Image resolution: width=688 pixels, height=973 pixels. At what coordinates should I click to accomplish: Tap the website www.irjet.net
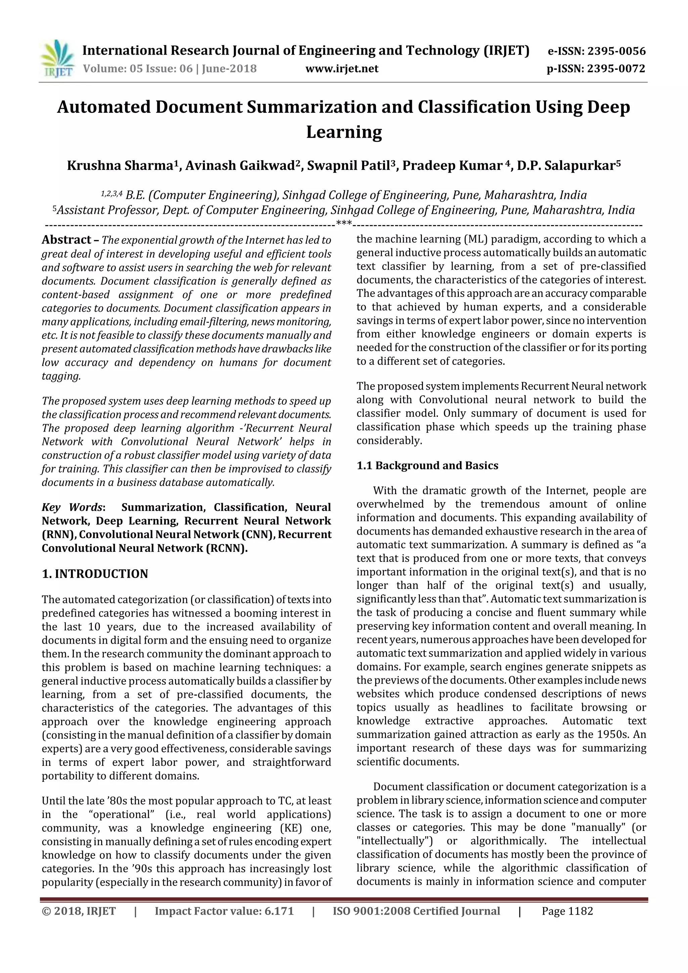pyautogui.click(x=342, y=69)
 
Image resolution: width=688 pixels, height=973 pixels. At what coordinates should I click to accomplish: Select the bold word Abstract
pyautogui.click(x=66, y=240)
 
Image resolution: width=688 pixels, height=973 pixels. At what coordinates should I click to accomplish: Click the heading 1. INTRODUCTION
pyautogui.click(x=95, y=574)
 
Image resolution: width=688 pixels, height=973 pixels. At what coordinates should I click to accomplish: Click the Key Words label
pyautogui.click(x=73, y=507)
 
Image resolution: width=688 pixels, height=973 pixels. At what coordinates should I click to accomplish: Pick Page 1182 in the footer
pyautogui.click(x=567, y=911)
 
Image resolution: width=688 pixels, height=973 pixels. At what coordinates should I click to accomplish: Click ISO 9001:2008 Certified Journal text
pyautogui.click(x=416, y=911)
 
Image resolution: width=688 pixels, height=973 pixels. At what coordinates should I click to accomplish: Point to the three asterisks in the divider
pyautogui.click(x=344, y=223)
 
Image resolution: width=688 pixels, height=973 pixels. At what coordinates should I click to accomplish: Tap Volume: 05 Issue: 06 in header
pyautogui.click(x=138, y=69)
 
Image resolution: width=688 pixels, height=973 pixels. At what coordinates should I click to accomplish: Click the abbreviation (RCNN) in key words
pyautogui.click(x=227, y=548)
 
